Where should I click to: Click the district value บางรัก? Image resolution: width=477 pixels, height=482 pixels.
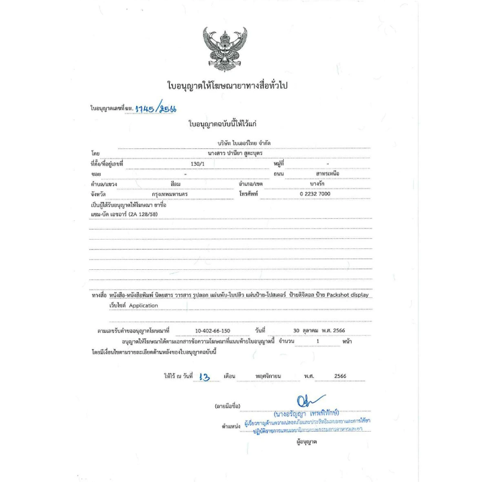[318, 183]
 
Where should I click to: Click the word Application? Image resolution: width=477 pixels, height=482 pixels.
[144, 305]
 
